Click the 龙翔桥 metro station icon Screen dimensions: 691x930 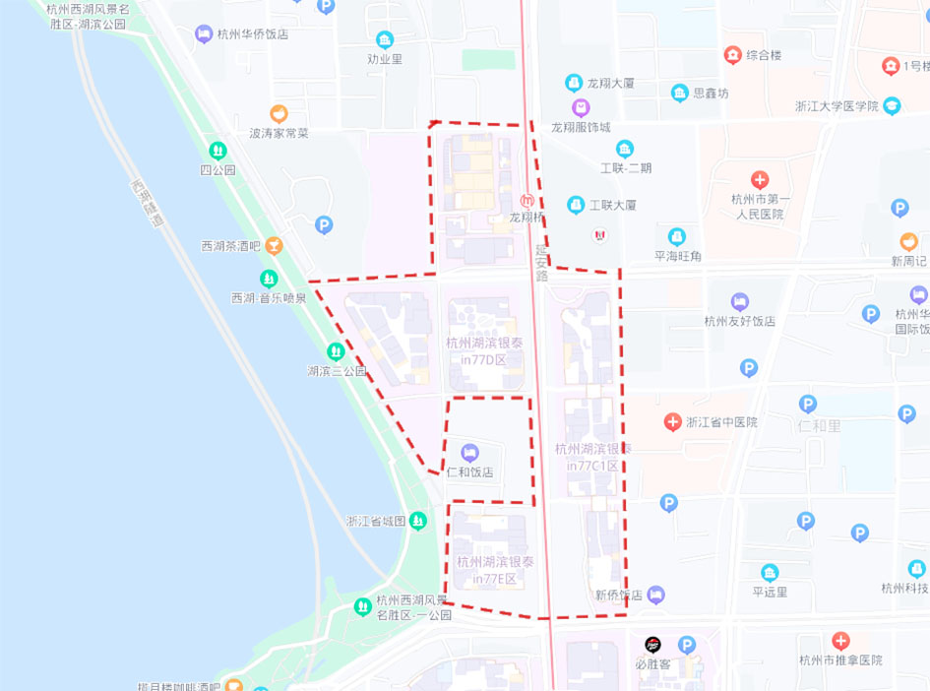point(527,200)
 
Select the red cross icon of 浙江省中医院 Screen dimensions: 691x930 point(672,422)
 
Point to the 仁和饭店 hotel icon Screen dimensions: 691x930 point(469,453)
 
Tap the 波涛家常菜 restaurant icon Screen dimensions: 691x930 point(279,114)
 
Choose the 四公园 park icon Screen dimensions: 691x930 point(217,151)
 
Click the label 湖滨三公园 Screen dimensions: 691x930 point(337,371)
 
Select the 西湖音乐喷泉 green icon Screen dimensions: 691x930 point(269,280)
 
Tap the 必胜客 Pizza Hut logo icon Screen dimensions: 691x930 point(652,645)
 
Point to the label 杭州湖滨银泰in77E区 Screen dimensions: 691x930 point(495,570)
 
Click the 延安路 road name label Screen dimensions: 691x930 point(540,264)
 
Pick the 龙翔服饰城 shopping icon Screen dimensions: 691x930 point(581,107)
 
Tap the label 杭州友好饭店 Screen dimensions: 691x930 point(740,321)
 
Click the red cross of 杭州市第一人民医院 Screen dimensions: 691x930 point(759,180)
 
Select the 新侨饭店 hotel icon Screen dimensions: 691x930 point(656,595)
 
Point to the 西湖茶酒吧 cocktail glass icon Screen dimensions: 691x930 point(278,245)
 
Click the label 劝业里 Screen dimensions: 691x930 point(385,58)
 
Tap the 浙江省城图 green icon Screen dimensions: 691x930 point(418,521)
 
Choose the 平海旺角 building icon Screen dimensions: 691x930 point(677,237)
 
